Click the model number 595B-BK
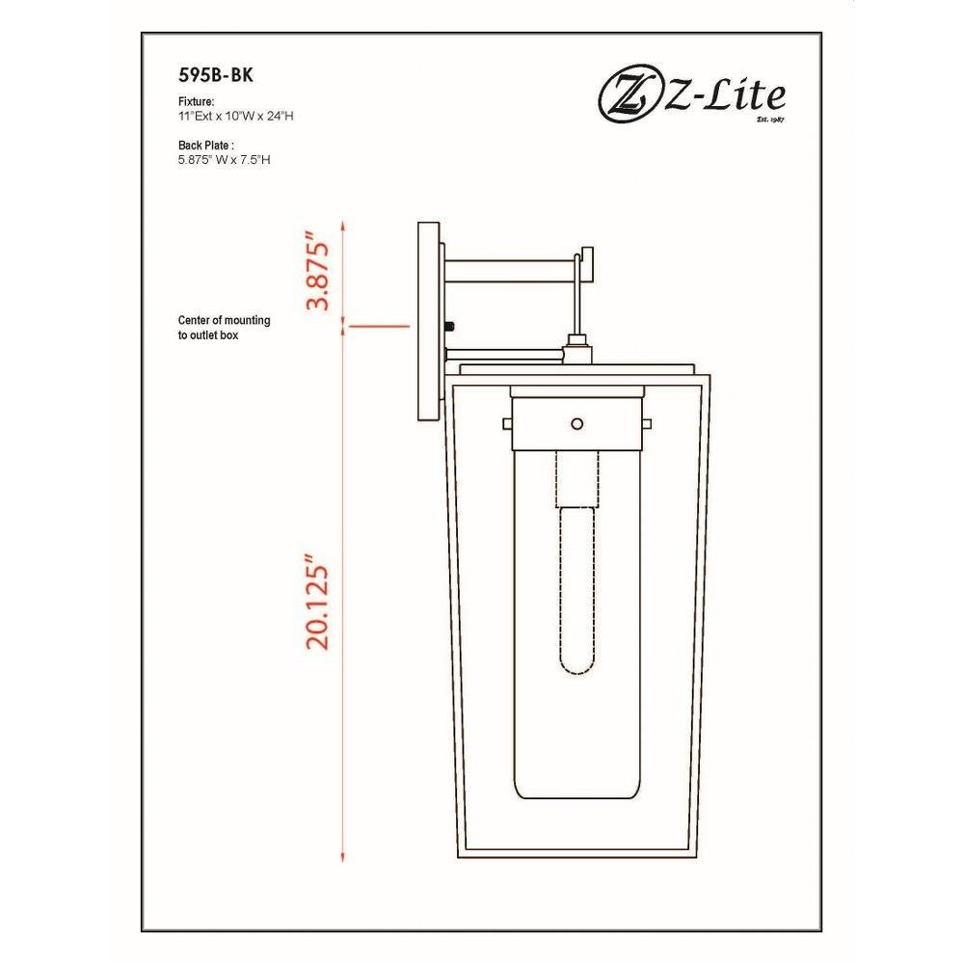pyautogui.click(x=215, y=74)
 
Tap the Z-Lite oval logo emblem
pyautogui.click(x=628, y=97)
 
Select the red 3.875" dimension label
pyautogui.click(x=317, y=271)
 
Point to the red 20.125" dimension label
pyautogui.click(x=317, y=602)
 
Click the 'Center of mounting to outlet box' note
pyautogui.click(x=224, y=328)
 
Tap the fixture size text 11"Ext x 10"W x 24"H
pyautogui.click(x=235, y=116)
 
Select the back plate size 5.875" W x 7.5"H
pyautogui.click(x=224, y=160)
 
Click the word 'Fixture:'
pyautogui.click(x=196, y=101)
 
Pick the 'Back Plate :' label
pyautogui.click(x=206, y=146)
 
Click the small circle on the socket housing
pyautogui.click(x=576, y=423)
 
